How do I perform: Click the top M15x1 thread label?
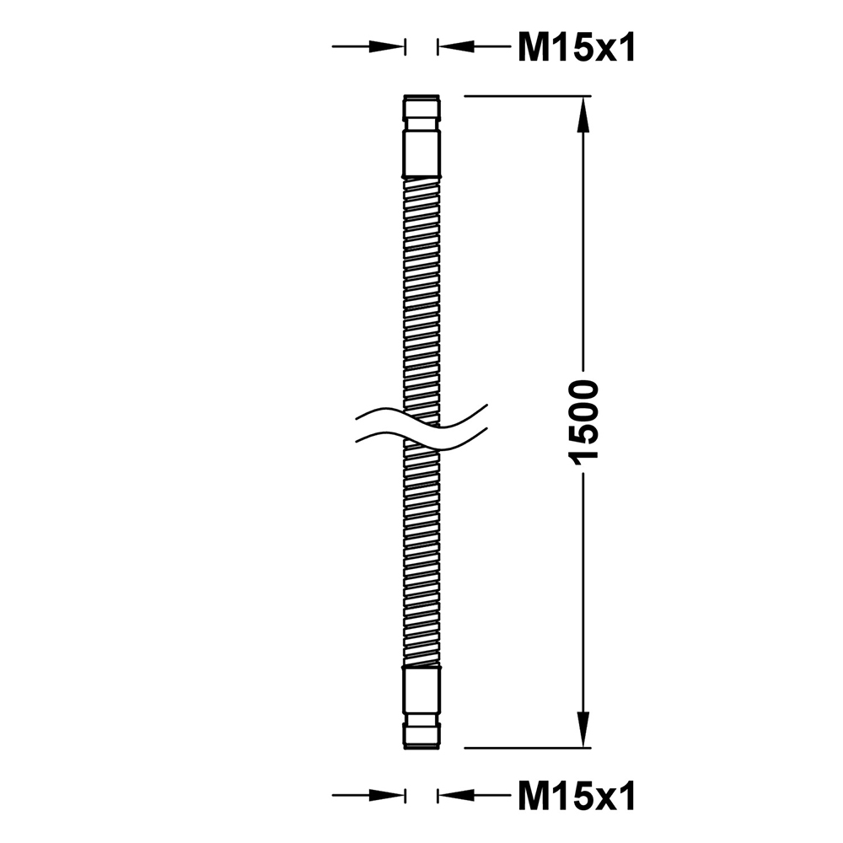[577, 47]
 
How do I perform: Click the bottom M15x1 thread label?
[577, 796]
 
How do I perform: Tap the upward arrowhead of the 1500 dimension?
[583, 115]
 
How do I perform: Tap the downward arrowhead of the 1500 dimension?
[583, 729]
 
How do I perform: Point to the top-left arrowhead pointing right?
[386, 46]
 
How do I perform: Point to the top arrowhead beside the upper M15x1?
[456, 46]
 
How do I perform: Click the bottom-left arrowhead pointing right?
[386, 796]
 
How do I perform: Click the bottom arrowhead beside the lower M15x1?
[456, 796]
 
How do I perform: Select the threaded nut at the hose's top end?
[421, 108]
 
